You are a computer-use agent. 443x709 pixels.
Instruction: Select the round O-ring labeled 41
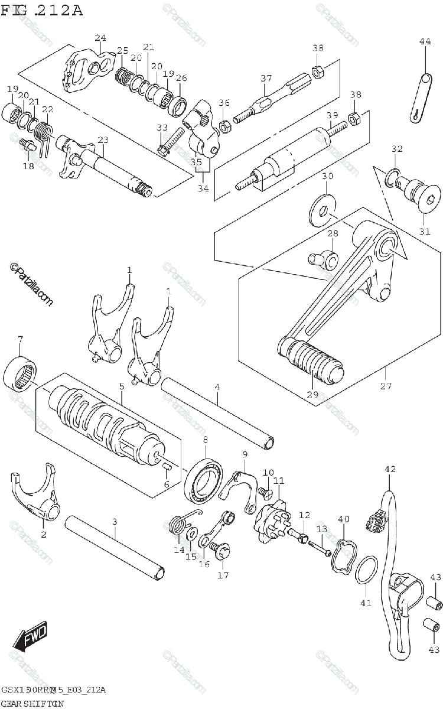tap(367, 570)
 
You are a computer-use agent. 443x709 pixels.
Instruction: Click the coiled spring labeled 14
tap(178, 522)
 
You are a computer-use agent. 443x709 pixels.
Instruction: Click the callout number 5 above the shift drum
tap(121, 386)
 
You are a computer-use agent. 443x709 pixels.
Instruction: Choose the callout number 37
tap(266, 79)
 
